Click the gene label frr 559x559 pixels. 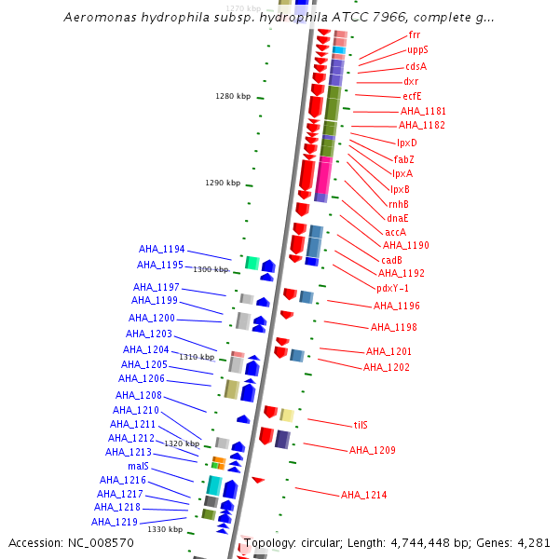pos(414,34)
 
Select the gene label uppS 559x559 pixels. pos(417,49)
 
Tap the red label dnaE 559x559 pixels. pos(398,218)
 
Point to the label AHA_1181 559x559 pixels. pos(422,111)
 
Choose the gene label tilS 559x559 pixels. pos(361,425)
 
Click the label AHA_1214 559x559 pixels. pos(363,495)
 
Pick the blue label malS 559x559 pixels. pos(139,466)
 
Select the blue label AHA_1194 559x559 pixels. pos(162,249)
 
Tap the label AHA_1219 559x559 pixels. pos(116,522)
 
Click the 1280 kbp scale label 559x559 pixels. pos(233,96)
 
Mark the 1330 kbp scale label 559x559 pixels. pos(165,529)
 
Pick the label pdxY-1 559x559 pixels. pos(392,288)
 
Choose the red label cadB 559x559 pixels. pos(391,260)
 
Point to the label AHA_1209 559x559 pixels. pos(373,450)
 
